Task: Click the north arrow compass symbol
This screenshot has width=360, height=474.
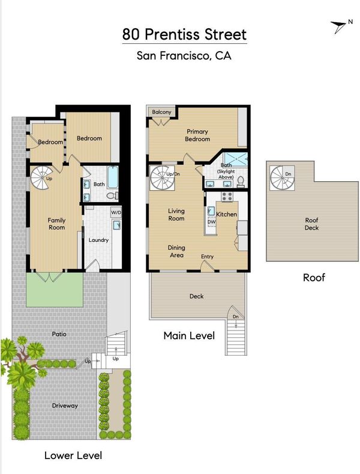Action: [x=339, y=26]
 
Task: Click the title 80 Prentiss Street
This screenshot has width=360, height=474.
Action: [x=184, y=34]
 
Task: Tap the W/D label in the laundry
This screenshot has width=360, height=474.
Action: [x=116, y=212]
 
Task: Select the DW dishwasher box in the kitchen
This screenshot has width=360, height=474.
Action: [x=212, y=221]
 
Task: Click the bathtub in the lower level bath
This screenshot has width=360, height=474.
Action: [x=112, y=177]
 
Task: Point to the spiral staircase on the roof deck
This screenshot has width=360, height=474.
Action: [x=282, y=178]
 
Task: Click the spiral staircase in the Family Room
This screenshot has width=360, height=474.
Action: [x=41, y=178]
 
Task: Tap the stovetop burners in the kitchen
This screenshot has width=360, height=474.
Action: [x=227, y=197]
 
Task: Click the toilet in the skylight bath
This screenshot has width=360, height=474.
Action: [x=241, y=181]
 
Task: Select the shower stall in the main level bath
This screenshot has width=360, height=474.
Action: [x=235, y=159]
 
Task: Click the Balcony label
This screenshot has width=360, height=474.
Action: [x=161, y=112]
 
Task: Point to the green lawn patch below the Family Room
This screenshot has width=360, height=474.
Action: [x=55, y=290]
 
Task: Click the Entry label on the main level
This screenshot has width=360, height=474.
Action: [x=208, y=256]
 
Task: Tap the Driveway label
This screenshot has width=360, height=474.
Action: [x=65, y=406]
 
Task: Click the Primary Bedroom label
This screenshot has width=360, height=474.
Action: [x=197, y=135]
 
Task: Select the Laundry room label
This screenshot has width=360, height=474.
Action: [x=98, y=240]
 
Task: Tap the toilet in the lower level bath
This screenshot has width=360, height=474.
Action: [x=112, y=195]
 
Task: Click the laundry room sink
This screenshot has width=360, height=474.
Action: [x=116, y=225]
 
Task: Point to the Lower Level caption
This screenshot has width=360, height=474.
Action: [x=73, y=455]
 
